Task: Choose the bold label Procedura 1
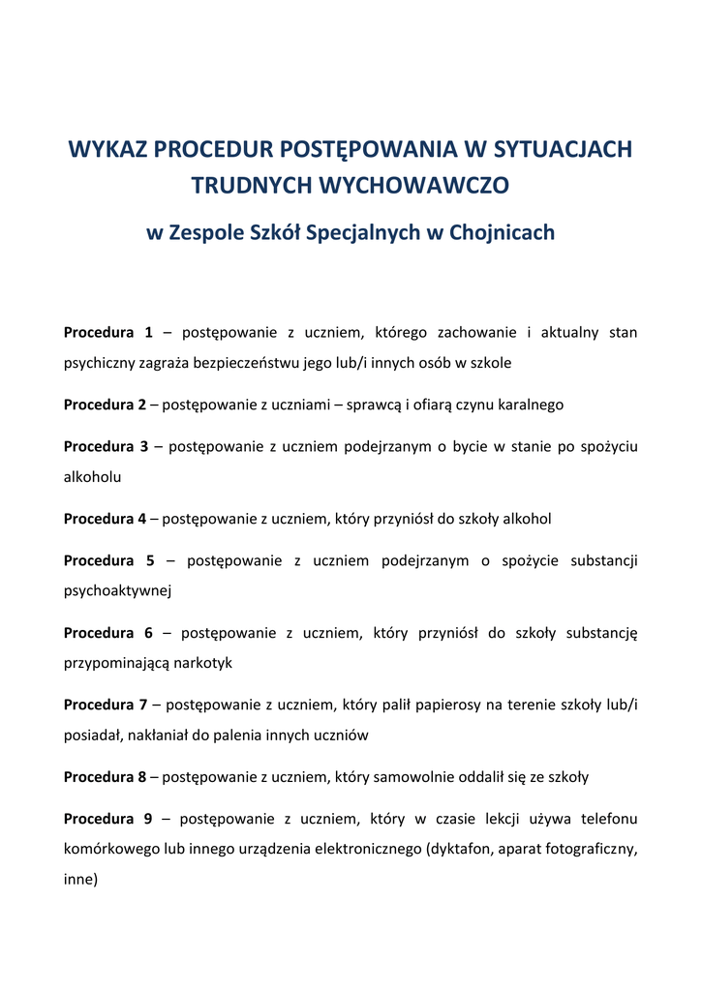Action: point(108,333)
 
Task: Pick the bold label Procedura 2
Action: point(105,405)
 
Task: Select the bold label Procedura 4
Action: point(105,519)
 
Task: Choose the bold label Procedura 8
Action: point(105,777)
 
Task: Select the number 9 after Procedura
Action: point(148,819)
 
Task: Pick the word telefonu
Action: point(609,819)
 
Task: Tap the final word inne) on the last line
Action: point(81,881)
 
